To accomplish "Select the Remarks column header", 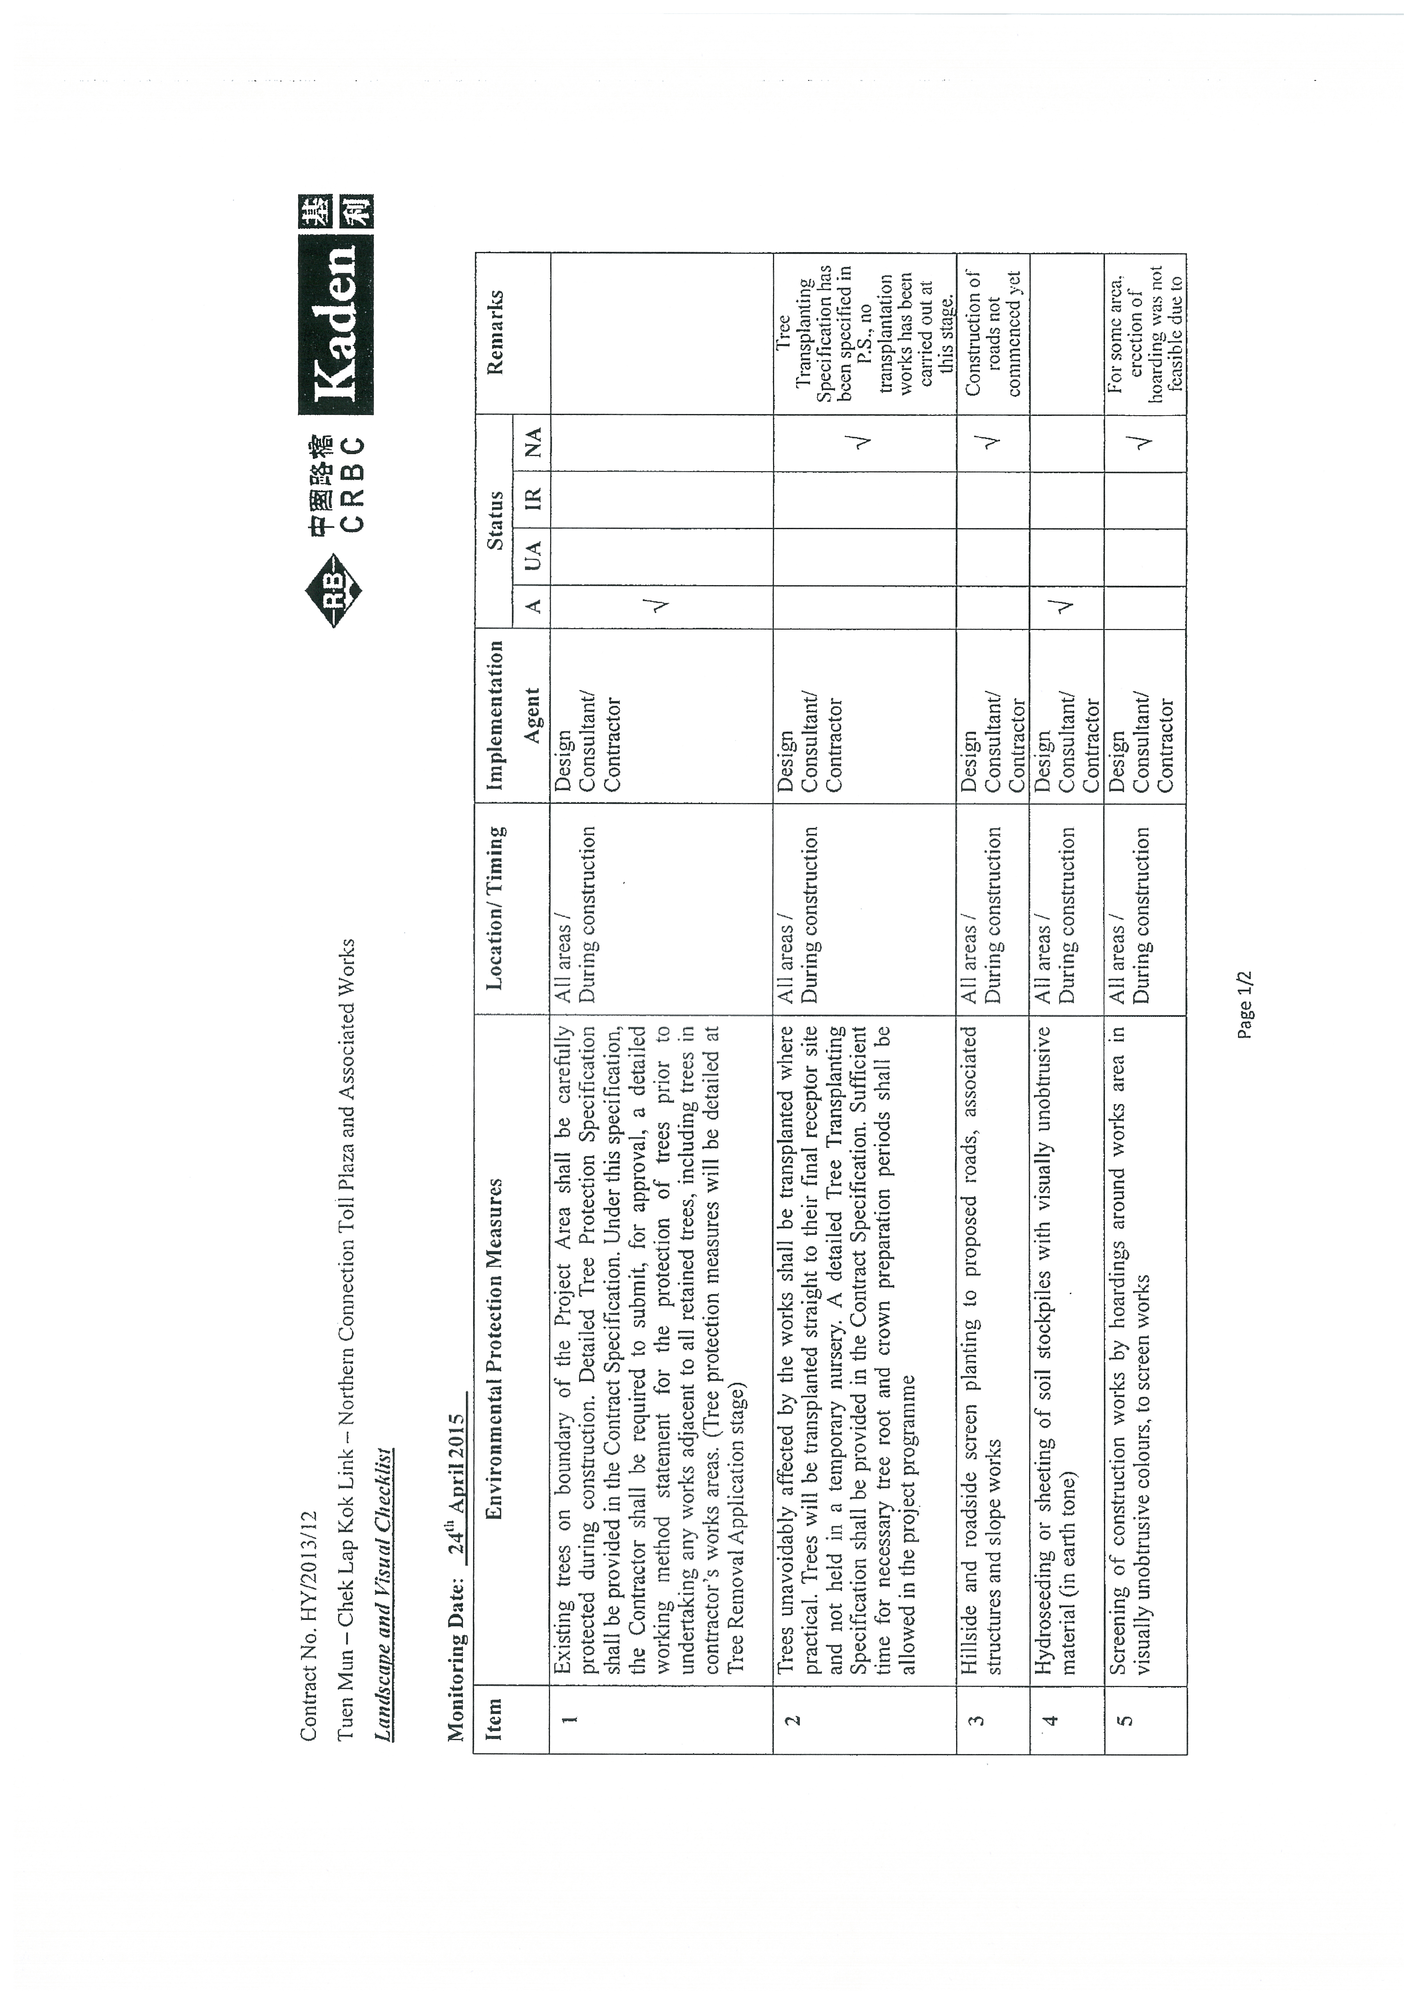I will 495,333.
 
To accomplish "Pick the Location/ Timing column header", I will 495,908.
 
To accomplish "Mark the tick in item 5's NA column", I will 1144,442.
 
